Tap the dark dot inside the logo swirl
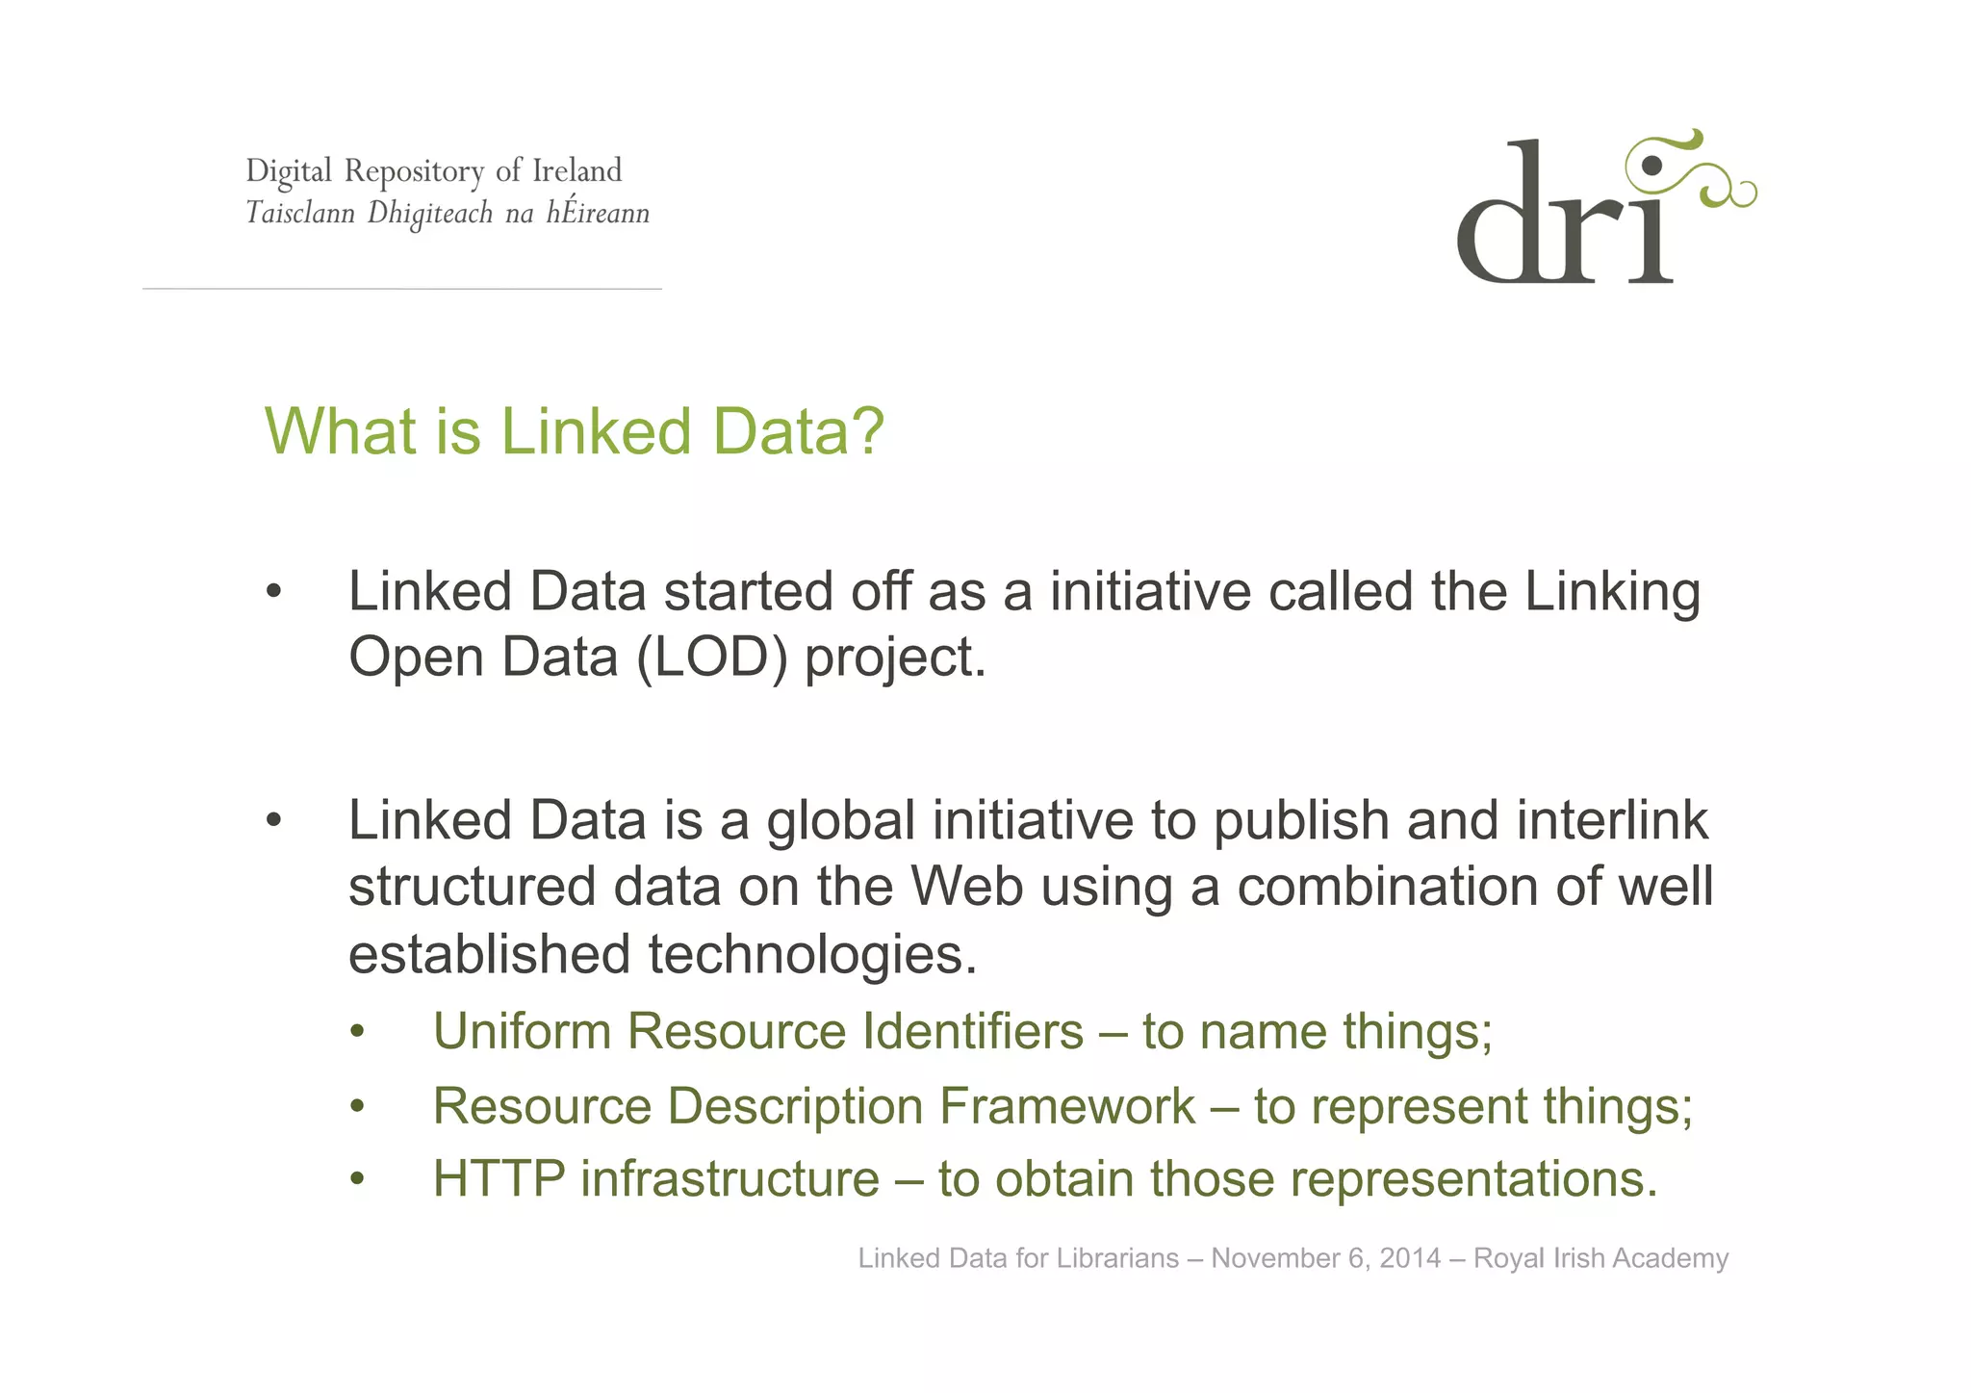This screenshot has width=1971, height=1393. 1651,166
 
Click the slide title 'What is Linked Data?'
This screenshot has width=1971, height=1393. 574,430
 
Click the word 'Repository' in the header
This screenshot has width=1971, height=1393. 414,171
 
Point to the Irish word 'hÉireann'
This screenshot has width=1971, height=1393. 598,212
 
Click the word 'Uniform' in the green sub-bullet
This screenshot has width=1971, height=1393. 522,1031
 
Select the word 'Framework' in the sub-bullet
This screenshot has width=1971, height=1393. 1066,1105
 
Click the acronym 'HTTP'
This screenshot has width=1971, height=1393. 499,1179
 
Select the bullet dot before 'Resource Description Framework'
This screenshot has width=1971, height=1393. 358,1107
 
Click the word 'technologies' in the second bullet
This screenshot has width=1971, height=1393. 811,954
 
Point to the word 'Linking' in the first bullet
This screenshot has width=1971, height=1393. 1612,591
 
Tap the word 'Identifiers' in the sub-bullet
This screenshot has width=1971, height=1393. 973,1031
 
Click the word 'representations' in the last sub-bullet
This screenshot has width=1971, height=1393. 1472,1179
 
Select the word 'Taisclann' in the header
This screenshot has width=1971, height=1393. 300,212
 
